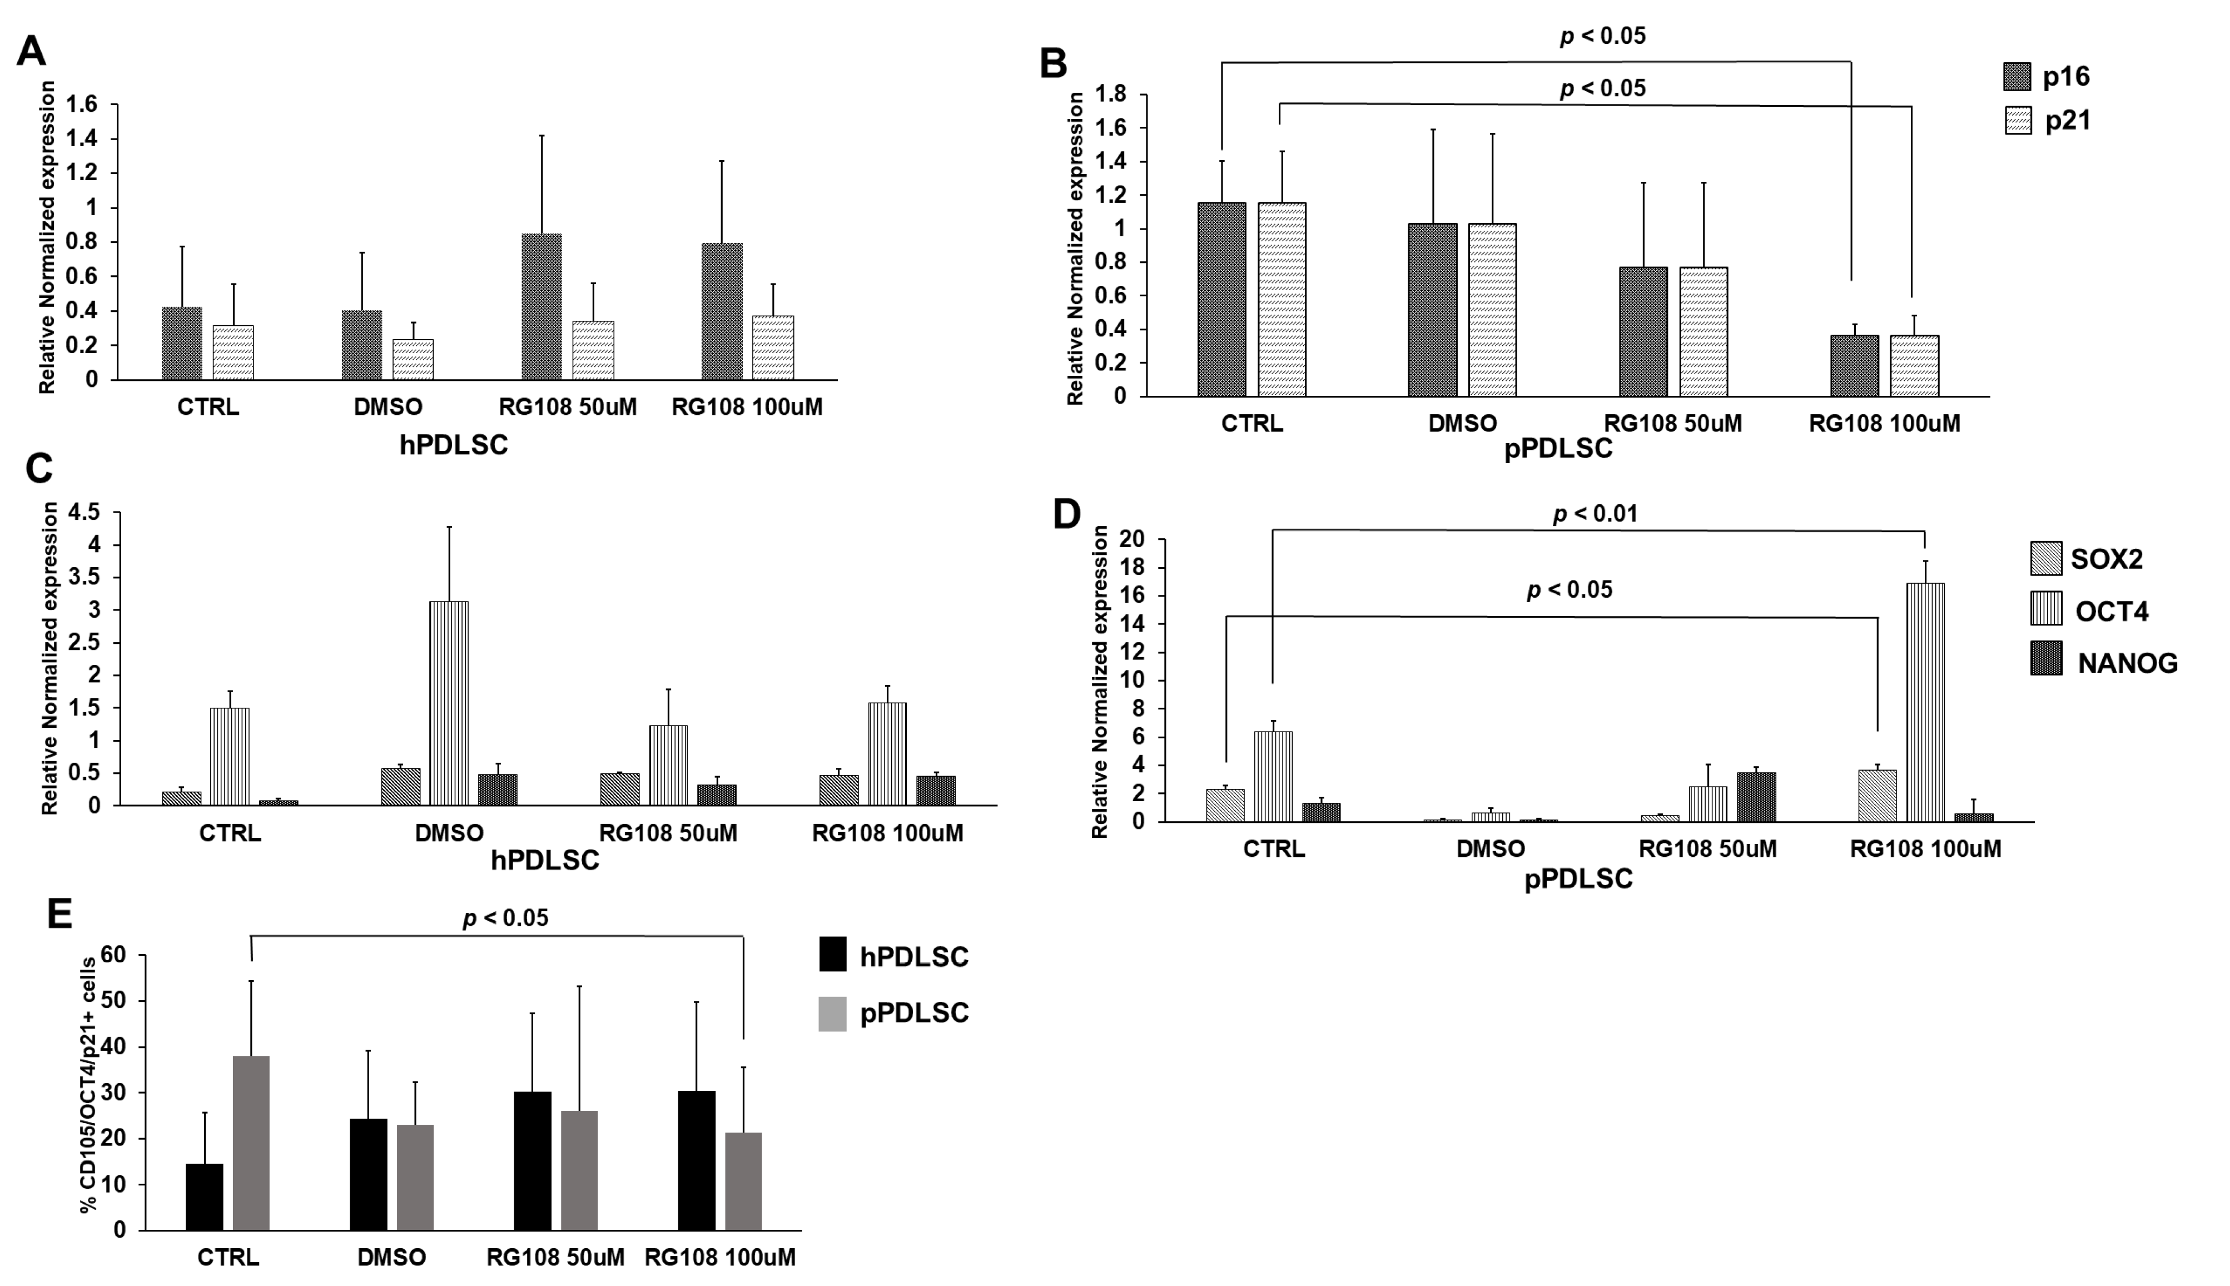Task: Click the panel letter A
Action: (31, 51)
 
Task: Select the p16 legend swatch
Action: (2017, 77)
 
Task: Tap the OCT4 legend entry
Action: (2112, 611)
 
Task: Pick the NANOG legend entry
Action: (2128, 662)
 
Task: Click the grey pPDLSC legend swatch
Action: (832, 1013)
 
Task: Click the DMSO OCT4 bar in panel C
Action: (449, 703)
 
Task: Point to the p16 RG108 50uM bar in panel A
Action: (542, 306)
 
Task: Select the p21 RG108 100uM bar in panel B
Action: (1914, 366)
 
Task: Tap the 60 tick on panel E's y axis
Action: (114, 955)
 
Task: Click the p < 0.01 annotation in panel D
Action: (1595, 513)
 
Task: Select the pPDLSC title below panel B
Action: (1557, 449)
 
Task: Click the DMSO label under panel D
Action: (1490, 849)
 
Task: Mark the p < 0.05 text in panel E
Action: (505, 918)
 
